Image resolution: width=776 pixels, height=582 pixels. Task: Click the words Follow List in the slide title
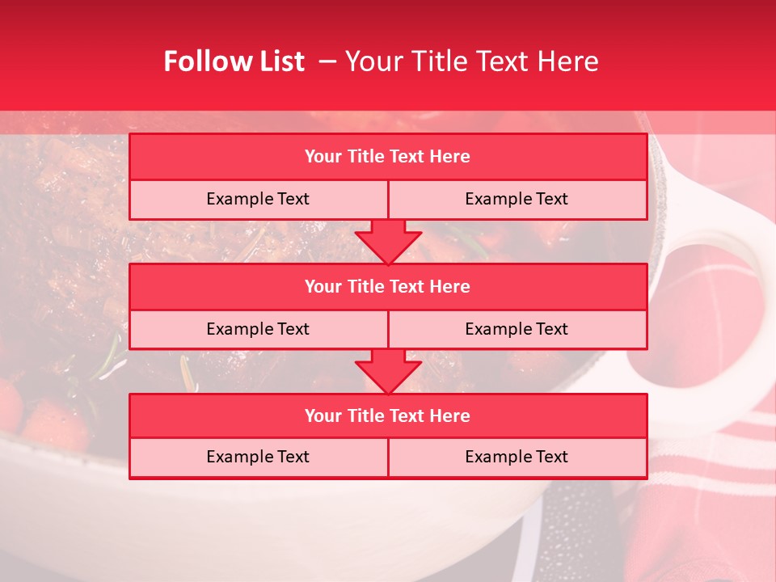pyautogui.click(x=234, y=61)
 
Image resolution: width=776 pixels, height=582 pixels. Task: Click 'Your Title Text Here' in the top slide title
pyautogui.click(x=471, y=61)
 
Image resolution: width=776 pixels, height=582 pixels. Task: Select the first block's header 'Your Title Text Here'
pyautogui.click(x=387, y=157)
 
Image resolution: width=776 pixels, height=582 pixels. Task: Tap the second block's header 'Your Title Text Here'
pyautogui.click(x=387, y=286)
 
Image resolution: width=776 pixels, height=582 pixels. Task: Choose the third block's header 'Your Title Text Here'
pyautogui.click(x=387, y=415)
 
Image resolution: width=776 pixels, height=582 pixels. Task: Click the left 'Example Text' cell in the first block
pyautogui.click(x=258, y=199)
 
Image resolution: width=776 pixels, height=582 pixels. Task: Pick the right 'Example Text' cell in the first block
pyautogui.click(x=517, y=199)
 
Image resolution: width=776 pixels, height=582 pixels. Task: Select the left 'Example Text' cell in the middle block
pyautogui.click(x=258, y=329)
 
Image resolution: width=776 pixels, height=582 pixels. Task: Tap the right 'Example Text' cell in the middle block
pyautogui.click(x=517, y=329)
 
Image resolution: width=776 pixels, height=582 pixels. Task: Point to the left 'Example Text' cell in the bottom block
pyautogui.click(x=258, y=457)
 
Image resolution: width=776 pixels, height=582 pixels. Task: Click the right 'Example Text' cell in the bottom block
pyautogui.click(x=517, y=457)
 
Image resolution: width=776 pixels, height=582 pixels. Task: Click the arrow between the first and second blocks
pyautogui.click(x=388, y=242)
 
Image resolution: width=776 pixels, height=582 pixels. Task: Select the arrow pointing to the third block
pyautogui.click(x=388, y=372)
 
